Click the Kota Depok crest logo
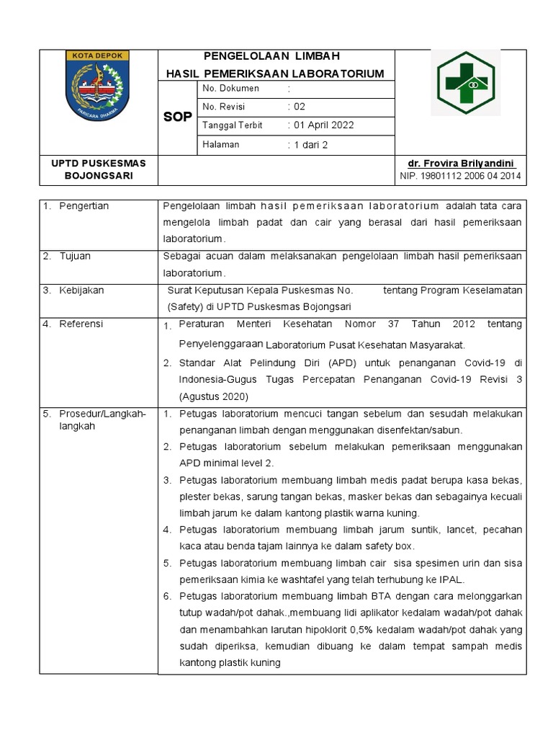(x=99, y=86)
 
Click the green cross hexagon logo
(x=466, y=83)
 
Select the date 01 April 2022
(x=323, y=125)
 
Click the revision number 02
(x=299, y=106)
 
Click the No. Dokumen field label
(x=230, y=88)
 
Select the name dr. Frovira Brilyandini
(x=462, y=164)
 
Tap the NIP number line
(x=461, y=176)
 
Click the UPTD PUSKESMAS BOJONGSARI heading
(x=99, y=170)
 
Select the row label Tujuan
(x=74, y=256)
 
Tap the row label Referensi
(x=81, y=324)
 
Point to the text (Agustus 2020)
(x=213, y=396)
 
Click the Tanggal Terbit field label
(x=232, y=125)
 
